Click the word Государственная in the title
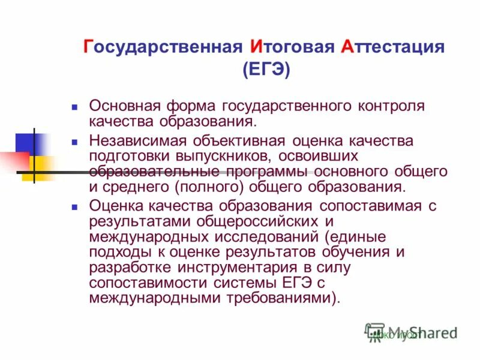coord(163,47)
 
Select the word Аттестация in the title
coord(392,47)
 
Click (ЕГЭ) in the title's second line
coord(266,70)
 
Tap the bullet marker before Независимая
coord(75,143)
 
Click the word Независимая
coord(139,141)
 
